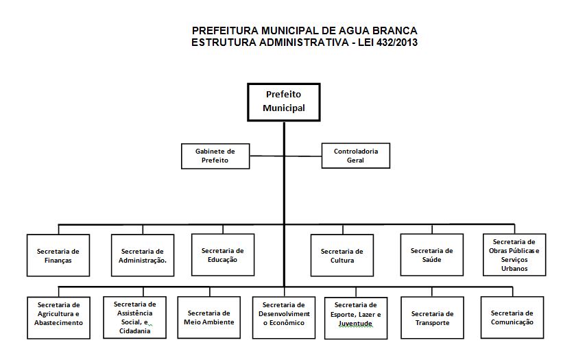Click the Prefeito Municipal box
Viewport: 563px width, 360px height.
(x=284, y=102)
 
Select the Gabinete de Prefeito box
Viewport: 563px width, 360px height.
(x=215, y=156)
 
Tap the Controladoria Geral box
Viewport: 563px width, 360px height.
(x=356, y=156)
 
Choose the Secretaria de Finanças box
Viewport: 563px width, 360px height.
(x=58, y=255)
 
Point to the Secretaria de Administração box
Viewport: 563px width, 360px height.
(x=143, y=255)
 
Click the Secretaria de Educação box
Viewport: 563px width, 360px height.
(x=223, y=255)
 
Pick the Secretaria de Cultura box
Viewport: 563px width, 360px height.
(x=342, y=255)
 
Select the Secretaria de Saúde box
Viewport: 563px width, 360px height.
(x=432, y=255)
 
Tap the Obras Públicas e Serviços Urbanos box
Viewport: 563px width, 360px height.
(x=514, y=255)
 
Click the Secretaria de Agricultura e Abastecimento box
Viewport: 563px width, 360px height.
(x=58, y=317)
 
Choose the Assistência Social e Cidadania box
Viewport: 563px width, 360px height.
(x=134, y=317)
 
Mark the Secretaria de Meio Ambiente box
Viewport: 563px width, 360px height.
(x=209, y=317)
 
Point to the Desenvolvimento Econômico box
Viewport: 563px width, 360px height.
(x=284, y=317)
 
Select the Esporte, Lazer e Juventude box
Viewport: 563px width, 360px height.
(x=356, y=318)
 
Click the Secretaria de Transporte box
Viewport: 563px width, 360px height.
(x=432, y=317)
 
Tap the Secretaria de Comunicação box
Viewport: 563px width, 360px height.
(x=512, y=317)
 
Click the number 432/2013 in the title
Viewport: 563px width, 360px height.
(x=397, y=43)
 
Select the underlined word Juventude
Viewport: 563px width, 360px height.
(x=355, y=324)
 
